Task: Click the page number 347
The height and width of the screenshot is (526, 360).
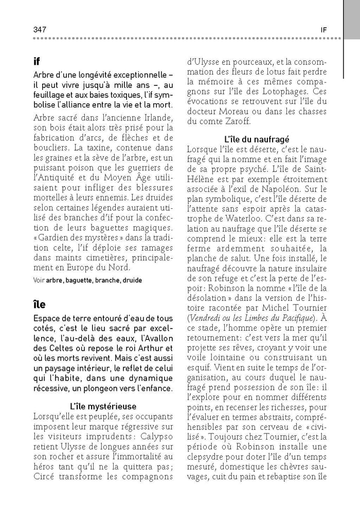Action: point(40,30)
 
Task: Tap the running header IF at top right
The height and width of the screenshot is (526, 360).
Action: point(323,30)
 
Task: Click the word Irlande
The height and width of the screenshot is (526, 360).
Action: point(153,119)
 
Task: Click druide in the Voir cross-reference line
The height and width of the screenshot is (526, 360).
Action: point(131,280)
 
